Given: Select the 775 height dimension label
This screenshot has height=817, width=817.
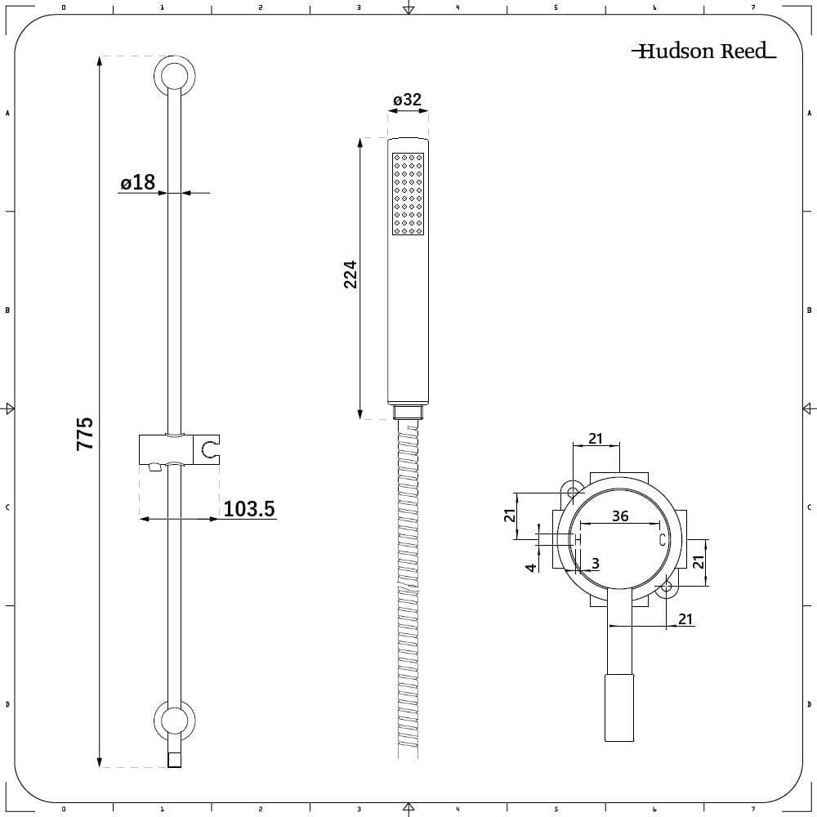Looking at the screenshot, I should click(85, 433).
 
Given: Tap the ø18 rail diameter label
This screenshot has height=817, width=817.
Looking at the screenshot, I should click(137, 182).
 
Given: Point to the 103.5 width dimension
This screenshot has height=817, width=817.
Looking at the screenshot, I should click(249, 509).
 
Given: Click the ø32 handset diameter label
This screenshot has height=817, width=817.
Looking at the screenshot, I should click(407, 100).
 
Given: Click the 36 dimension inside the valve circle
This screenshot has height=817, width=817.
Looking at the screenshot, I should click(620, 516).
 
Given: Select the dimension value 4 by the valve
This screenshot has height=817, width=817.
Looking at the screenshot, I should click(531, 566).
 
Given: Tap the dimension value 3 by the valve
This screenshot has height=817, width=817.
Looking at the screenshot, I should click(595, 563).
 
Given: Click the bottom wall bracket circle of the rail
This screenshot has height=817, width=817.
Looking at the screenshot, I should click(174, 721).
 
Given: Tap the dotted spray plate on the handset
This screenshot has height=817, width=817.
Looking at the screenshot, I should click(408, 194).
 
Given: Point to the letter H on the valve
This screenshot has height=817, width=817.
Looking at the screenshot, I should click(577, 540).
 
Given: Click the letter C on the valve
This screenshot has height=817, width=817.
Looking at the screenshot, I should click(663, 540).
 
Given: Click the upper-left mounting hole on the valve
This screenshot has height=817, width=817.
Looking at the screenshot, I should click(574, 492).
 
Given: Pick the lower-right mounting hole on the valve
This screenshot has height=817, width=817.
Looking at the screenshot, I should click(667, 586).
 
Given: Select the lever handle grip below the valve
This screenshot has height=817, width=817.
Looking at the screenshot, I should click(618, 708).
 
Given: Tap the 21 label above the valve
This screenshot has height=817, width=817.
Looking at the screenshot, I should click(596, 439).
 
